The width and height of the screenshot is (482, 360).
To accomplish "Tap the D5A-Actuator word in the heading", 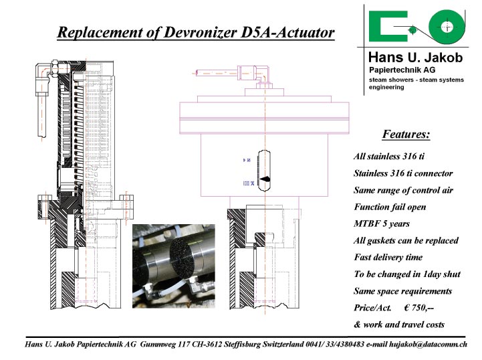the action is [287, 32].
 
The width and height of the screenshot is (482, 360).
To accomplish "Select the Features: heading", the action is [406, 134].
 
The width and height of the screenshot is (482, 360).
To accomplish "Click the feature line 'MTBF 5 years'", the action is [382, 223].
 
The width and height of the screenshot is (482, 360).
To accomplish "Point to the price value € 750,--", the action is [418, 307].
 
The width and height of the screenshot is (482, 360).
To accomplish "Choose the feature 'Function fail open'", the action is [390, 207].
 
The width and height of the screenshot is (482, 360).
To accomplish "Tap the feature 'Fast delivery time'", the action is [388, 257].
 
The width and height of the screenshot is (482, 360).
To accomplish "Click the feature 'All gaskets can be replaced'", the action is [406, 240].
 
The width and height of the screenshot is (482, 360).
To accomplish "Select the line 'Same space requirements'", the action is [403, 291].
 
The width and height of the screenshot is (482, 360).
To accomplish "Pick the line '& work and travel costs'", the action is [399, 325].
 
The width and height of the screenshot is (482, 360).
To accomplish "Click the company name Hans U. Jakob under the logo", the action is [416, 58].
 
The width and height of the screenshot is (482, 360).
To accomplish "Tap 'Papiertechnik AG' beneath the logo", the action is [402, 70].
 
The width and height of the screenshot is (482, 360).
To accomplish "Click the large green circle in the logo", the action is [447, 27].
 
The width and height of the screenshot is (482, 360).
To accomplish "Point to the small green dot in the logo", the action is [412, 30].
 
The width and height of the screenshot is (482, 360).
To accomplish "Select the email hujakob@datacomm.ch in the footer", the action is [428, 345].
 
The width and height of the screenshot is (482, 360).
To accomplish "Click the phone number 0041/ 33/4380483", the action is [335, 344].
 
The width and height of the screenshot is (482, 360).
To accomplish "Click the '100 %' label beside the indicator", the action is [249, 183].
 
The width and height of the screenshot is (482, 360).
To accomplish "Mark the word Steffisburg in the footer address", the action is [243, 345].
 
